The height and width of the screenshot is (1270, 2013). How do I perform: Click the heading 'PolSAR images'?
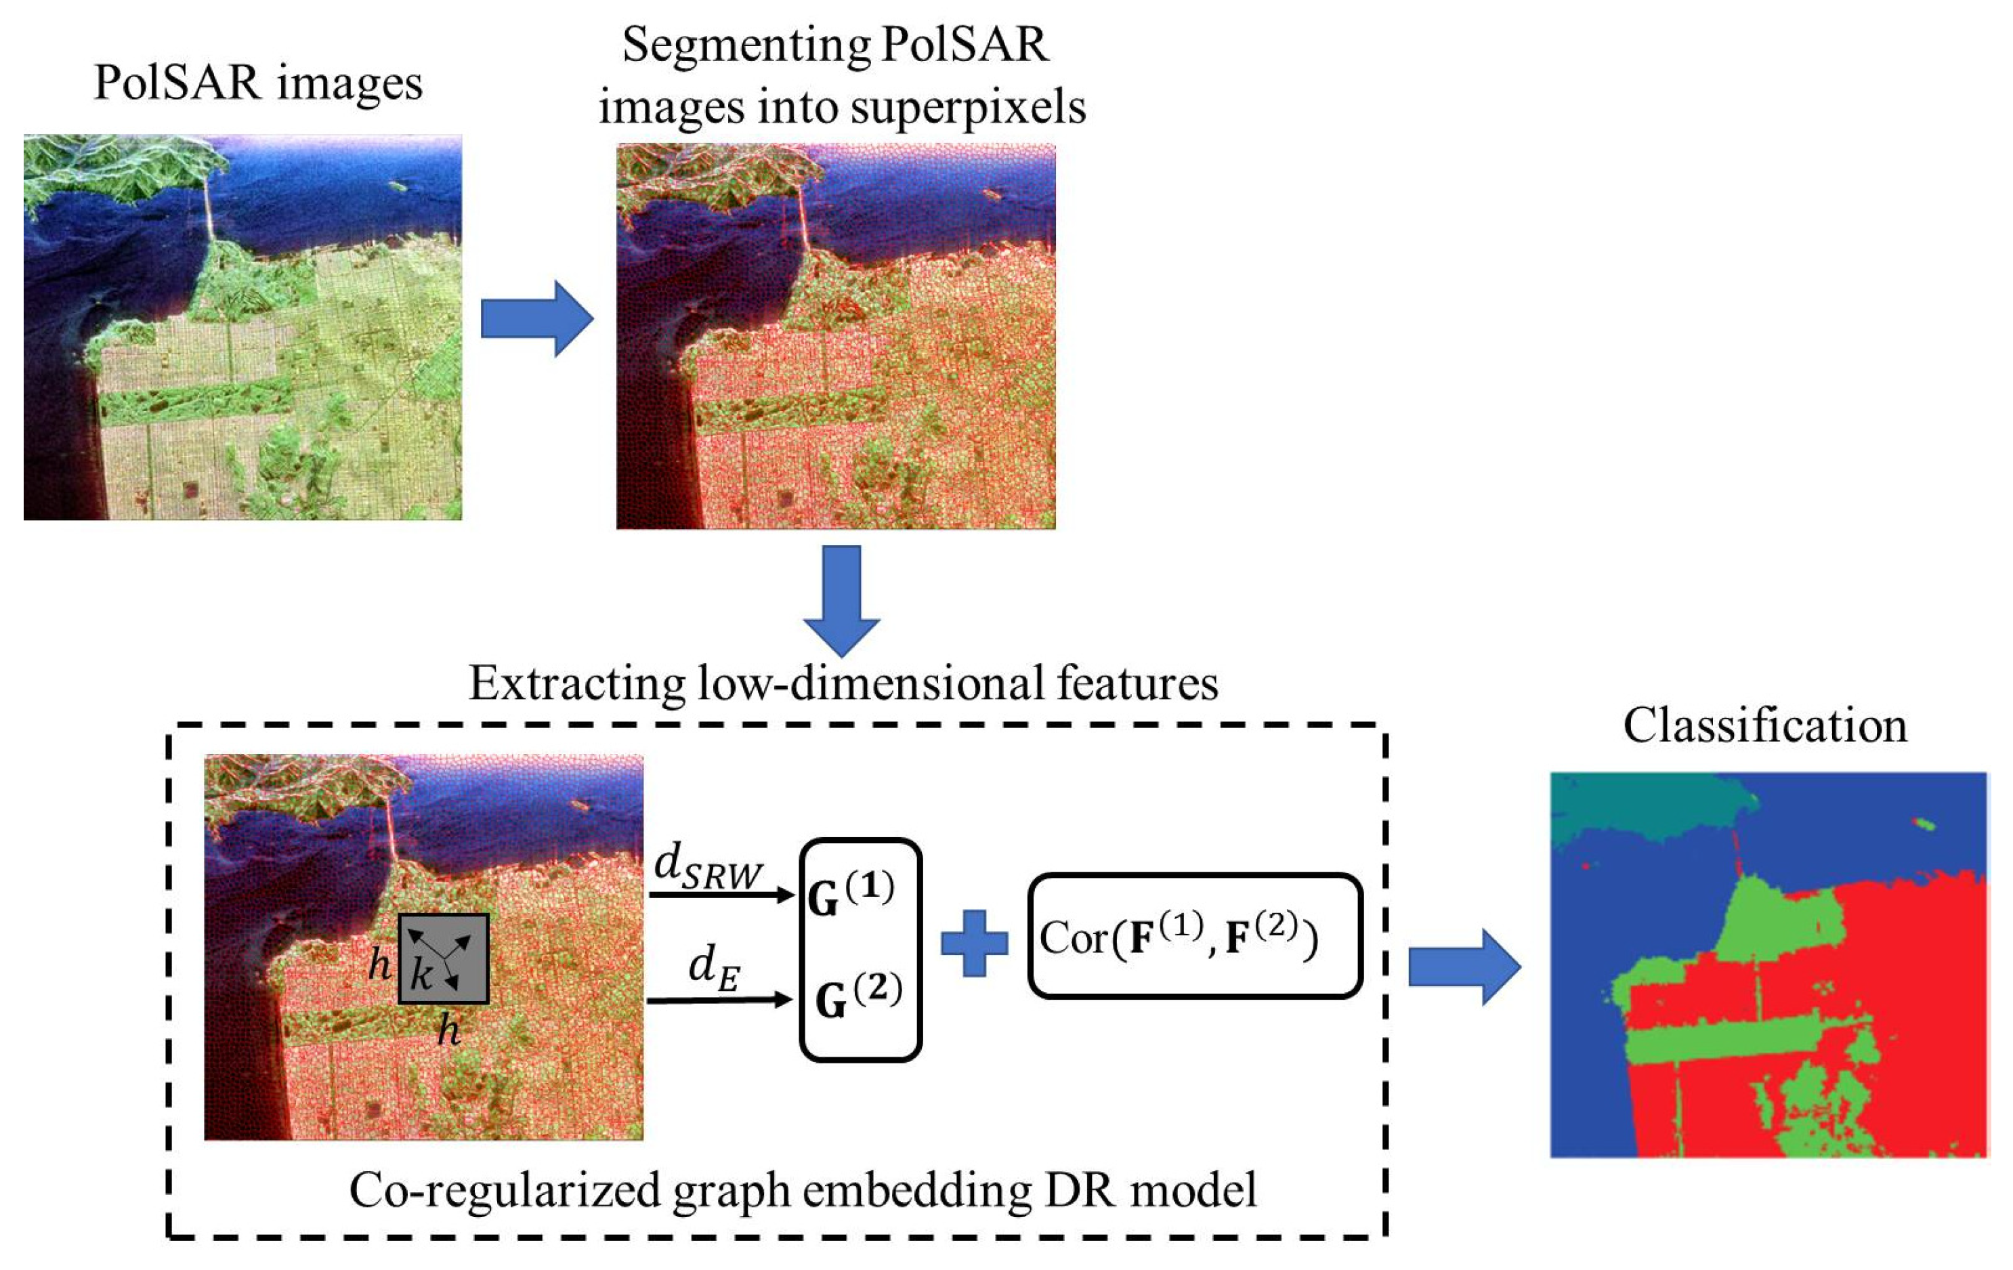click(x=257, y=83)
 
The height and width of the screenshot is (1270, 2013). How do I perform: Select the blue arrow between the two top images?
click(x=536, y=318)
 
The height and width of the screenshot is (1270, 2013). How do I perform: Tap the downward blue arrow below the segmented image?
click(x=841, y=599)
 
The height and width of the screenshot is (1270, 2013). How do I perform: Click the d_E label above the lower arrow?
click(x=714, y=968)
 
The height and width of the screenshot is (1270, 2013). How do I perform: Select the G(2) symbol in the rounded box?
click(x=857, y=996)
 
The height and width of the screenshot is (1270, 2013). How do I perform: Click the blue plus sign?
click(x=974, y=943)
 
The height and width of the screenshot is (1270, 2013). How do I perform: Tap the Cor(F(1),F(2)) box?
click(x=1193, y=936)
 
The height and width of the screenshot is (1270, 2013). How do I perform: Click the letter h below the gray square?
click(x=449, y=1030)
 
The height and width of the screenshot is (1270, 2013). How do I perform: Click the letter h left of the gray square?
click(x=379, y=965)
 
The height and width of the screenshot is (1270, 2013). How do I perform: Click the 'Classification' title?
click(x=1764, y=725)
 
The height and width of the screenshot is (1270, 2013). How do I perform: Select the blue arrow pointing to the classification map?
click(x=1464, y=967)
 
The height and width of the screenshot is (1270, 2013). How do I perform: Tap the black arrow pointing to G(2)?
click(x=719, y=999)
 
